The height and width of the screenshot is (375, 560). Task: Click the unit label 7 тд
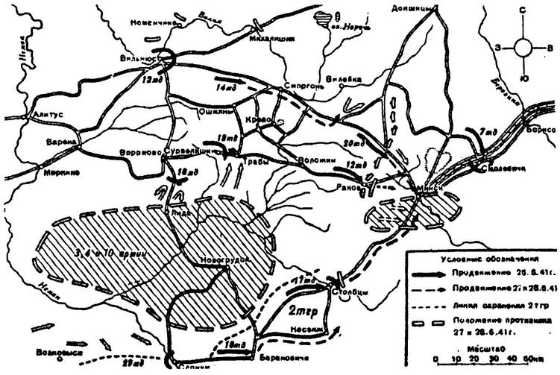click(x=489, y=132)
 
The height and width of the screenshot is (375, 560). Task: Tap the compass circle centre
click(x=525, y=47)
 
